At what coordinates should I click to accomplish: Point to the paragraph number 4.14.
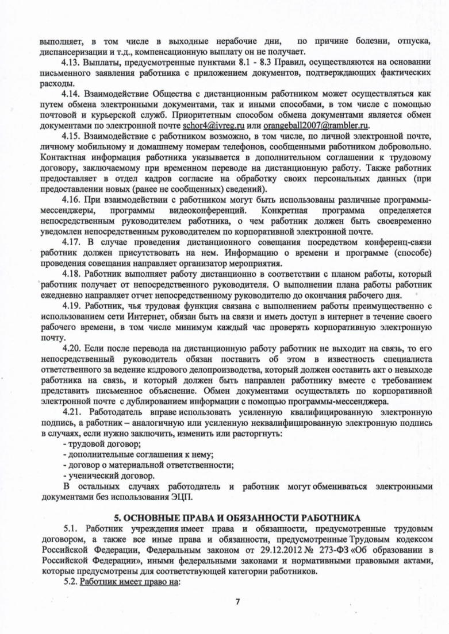pyautogui.click(x=72, y=93)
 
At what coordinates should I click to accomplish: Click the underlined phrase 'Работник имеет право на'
pyautogui.click(x=131, y=582)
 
